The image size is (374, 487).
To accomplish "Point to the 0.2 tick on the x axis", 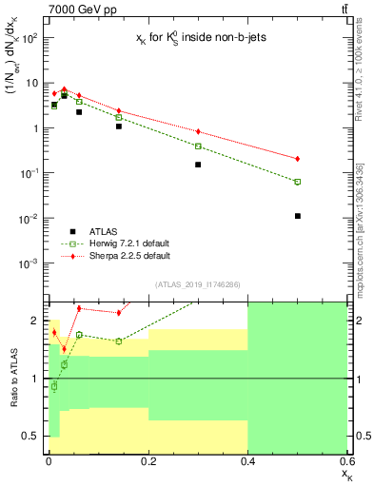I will [x=148, y=461].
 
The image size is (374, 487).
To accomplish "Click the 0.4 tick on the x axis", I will [x=247, y=461].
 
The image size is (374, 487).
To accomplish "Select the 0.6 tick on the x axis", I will [x=345, y=461].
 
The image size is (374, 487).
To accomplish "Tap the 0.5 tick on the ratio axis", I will [x=35, y=436].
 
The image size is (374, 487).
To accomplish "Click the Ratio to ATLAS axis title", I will [x=12, y=378].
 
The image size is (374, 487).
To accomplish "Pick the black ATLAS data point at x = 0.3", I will [x=198, y=165].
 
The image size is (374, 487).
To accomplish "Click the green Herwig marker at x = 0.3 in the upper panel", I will [x=198, y=146].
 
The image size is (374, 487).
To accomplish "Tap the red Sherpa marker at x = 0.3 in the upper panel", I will [x=198, y=131].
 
